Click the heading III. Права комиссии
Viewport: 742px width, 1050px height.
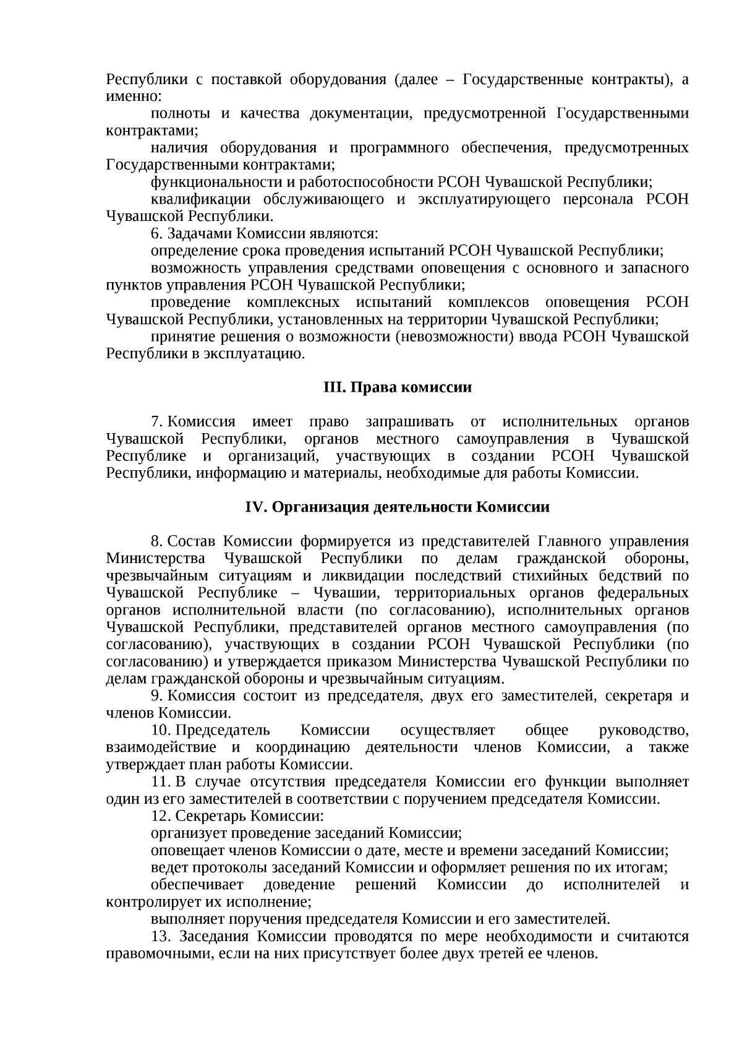coord(398,388)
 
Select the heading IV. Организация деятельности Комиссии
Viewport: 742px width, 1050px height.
coord(398,507)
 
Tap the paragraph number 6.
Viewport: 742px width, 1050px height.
coord(156,234)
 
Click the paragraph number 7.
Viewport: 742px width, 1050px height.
coord(156,422)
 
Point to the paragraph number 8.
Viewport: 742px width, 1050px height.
coord(156,542)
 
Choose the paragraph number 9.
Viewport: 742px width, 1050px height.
coord(156,696)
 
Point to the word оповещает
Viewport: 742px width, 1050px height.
coord(182,850)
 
